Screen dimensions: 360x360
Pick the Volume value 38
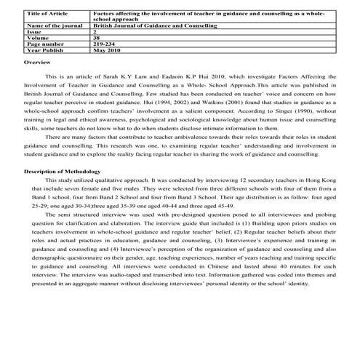tap(99, 39)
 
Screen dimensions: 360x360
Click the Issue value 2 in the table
tap(96, 32)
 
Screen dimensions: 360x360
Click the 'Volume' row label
tap(37, 39)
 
